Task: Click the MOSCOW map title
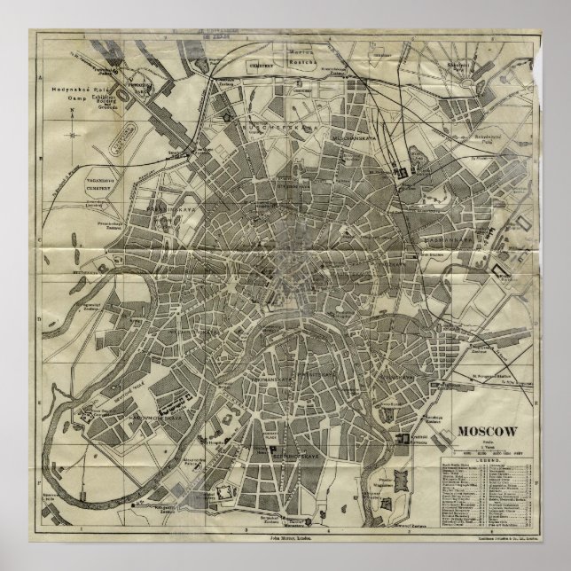[x=488, y=431]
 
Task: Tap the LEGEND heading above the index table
[x=486, y=462]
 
